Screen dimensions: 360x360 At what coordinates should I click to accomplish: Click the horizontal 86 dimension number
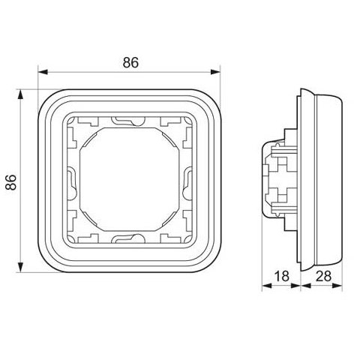[x=130, y=62]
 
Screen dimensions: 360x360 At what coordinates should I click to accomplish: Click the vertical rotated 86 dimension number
[x=11, y=182]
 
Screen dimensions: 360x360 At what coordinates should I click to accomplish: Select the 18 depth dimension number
[x=282, y=276]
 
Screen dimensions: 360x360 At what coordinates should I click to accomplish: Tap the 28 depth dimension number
[x=323, y=276]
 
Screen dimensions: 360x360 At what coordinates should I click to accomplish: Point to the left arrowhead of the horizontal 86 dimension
[x=43, y=72]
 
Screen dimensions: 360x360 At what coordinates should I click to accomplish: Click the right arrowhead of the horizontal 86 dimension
[x=215, y=72]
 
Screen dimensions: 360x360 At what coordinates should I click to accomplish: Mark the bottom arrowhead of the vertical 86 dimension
[x=20, y=267]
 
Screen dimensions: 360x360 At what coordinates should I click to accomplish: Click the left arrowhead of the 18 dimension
[x=267, y=286]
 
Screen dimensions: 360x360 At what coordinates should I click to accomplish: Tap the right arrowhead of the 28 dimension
[x=337, y=286]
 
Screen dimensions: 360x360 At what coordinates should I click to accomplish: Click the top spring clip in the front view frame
[x=128, y=121]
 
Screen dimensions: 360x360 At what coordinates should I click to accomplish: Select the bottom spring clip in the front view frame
[x=128, y=238]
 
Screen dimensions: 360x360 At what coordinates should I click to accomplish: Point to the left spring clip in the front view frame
[x=72, y=184]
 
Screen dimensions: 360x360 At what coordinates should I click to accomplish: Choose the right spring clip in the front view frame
[x=187, y=184]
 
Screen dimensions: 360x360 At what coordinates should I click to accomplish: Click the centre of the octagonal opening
[x=130, y=179]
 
